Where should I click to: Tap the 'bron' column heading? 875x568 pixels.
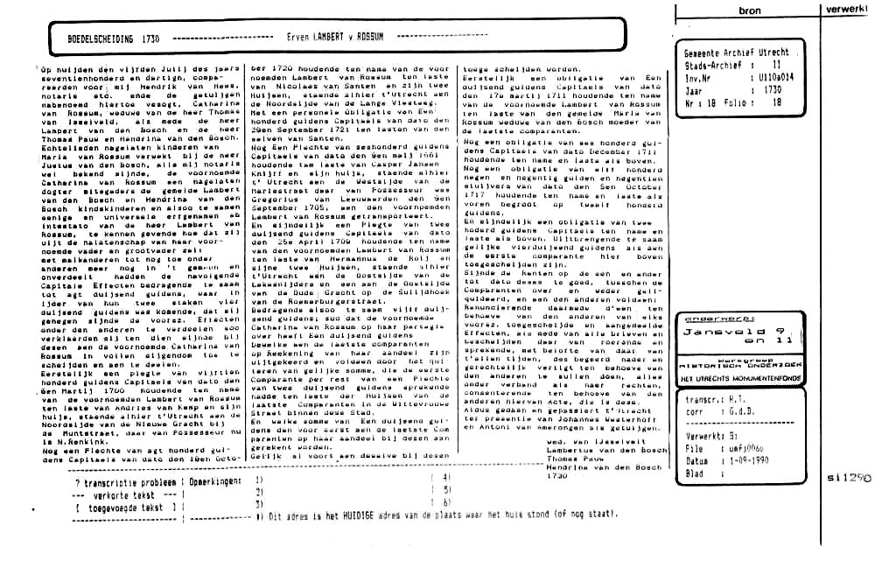click(x=749, y=11)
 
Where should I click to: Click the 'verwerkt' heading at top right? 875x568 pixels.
click(x=849, y=9)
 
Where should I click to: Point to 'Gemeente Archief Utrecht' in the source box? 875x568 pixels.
click(x=736, y=53)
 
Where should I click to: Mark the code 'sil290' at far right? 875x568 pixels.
click(x=849, y=478)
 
